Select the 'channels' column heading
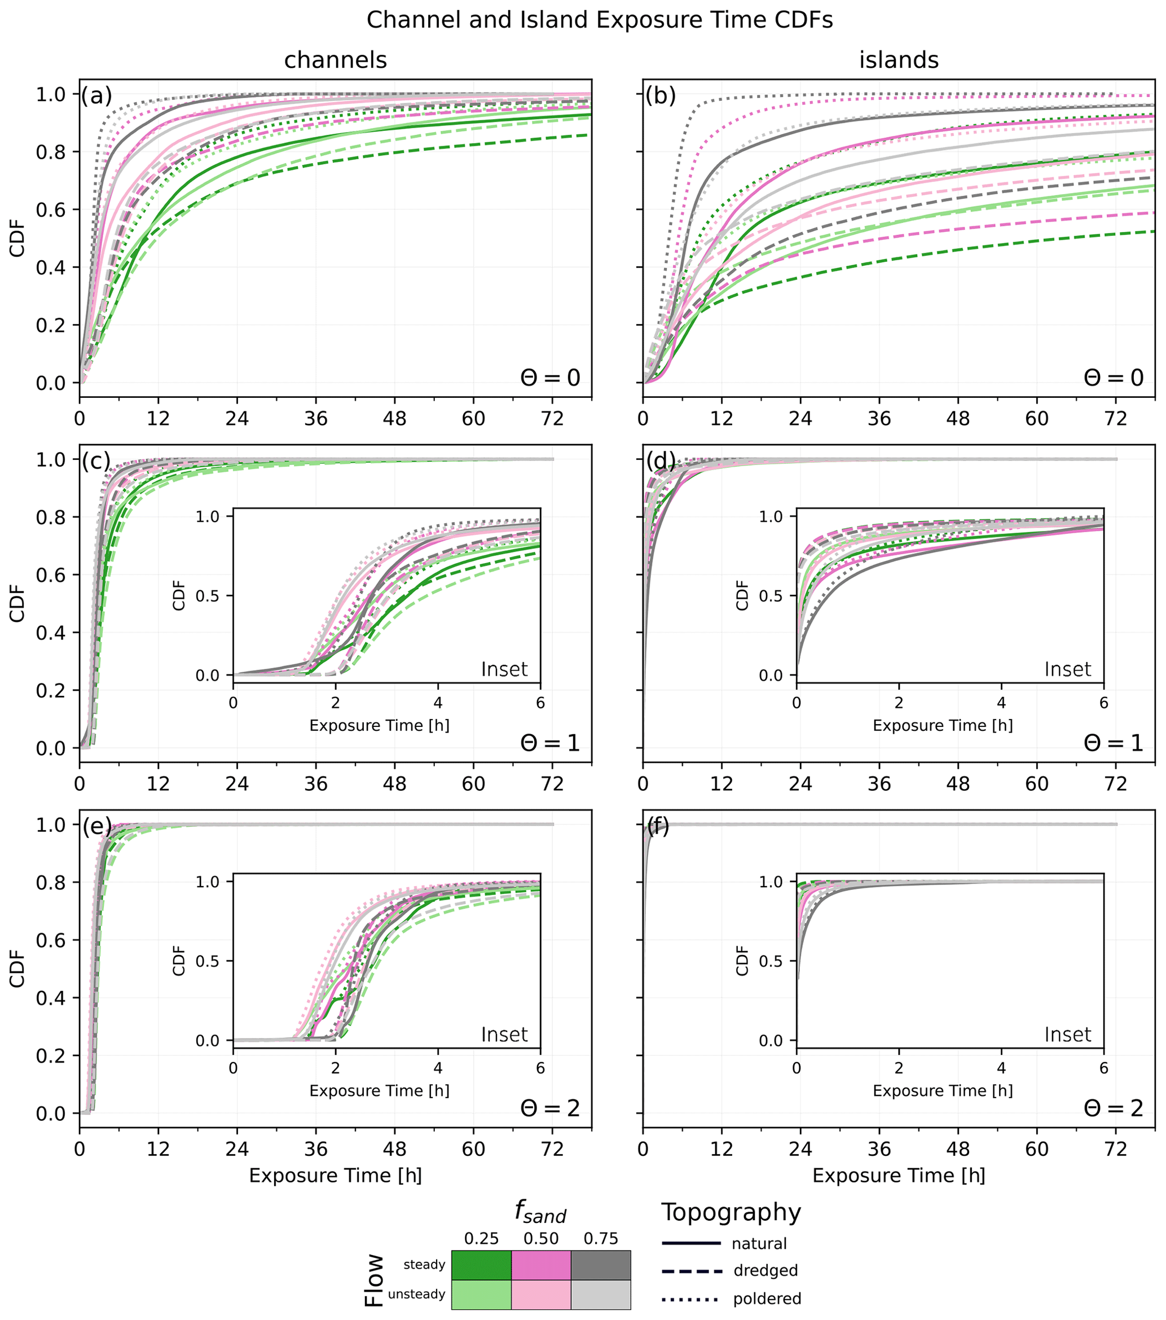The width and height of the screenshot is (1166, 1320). click(335, 60)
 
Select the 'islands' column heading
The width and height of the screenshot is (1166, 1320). click(898, 60)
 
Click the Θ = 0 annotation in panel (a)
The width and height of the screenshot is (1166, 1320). click(550, 377)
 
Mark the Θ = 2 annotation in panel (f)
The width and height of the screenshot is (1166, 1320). click(1113, 1108)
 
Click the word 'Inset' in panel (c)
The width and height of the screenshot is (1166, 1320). click(504, 669)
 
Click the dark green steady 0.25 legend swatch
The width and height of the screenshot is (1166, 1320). click(481, 1265)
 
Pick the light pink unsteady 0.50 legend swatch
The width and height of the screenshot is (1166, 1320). click(541, 1294)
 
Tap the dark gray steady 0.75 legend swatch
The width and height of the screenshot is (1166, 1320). click(600, 1265)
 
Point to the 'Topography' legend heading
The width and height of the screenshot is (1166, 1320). click(731, 1213)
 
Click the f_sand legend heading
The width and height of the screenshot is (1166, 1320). click(540, 1213)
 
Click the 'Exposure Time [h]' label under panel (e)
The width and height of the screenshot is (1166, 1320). click(335, 1176)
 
